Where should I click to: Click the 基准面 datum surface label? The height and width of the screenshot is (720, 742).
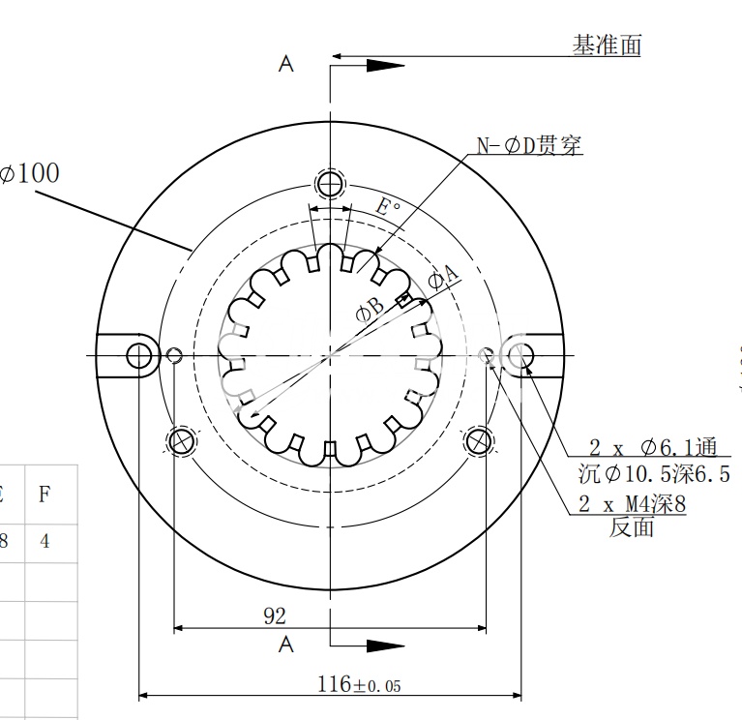coord(607,45)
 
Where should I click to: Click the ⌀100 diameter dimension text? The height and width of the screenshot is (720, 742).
coord(30,173)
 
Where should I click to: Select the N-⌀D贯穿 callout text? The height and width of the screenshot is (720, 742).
coord(528,146)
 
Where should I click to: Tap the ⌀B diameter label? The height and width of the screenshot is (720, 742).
coord(371,309)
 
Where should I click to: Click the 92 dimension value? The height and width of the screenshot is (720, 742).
coord(275,615)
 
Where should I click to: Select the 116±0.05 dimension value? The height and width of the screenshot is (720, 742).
coord(358,684)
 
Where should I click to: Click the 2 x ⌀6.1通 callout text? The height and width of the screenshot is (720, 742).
coord(653,447)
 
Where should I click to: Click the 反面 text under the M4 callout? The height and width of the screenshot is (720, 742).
coord(632,527)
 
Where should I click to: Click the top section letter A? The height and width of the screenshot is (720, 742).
coord(285,64)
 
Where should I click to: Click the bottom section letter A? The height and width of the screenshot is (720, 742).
coord(285,644)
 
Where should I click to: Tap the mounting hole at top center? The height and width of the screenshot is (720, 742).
coord(331,183)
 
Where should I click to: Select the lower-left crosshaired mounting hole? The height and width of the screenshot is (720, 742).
coord(181,441)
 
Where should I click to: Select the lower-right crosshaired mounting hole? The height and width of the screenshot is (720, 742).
coord(478,441)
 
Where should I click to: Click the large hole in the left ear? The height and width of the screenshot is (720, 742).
coord(140,355)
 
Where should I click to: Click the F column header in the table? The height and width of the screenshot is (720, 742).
coord(45,495)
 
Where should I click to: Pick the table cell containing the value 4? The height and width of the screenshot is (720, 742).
coord(45,541)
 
